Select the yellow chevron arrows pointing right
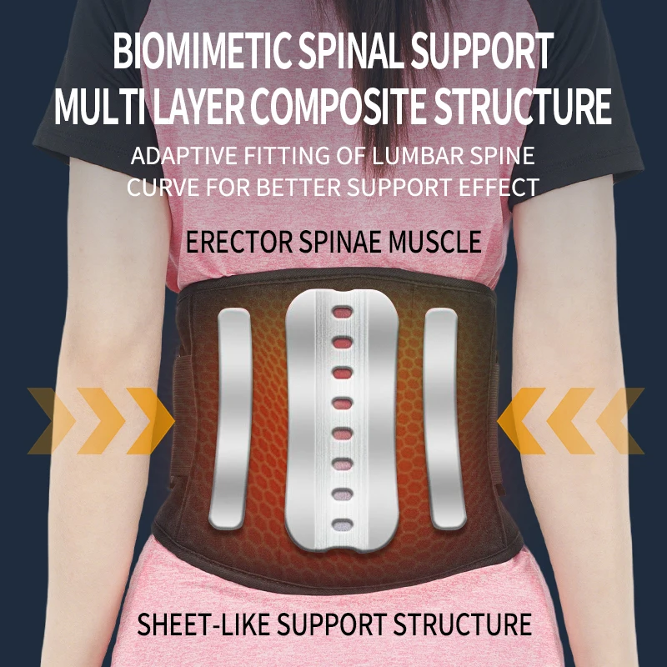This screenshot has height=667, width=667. click(x=100, y=421)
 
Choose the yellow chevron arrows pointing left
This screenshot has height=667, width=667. click(x=571, y=421)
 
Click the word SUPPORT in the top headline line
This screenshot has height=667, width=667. click(x=485, y=53)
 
